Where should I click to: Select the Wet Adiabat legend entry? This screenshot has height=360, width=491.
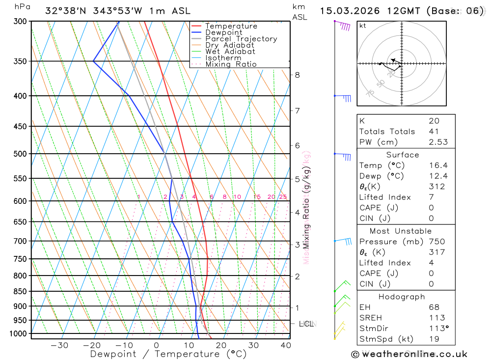pyautogui.click(x=230, y=52)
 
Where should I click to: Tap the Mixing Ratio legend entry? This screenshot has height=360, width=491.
pyautogui.click(x=231, y=64)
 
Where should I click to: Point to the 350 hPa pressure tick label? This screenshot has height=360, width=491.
pyautogui.click(x=20, y=61)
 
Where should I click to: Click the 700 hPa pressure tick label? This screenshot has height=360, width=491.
pyautogui.click(x=20, y=241)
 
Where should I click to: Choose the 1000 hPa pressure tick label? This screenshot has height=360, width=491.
pyautogui.click(x=18, y=334)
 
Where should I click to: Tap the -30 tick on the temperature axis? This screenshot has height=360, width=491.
pyautogui.click(x=59, y=345)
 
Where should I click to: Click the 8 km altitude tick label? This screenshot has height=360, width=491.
pyautogui.click(x=297, y=75)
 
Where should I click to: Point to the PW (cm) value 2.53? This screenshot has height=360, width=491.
pyautogui.click(x=438, y=142)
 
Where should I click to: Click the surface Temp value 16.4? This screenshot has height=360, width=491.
pyautogui.click(x=438, y=166)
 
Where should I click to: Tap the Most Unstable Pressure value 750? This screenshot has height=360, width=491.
pyautogui.click(x=436, y=242)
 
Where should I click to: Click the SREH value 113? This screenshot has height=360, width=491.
pyautogui.click(x=436, y=318)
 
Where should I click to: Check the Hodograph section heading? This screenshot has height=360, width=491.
pyautogui.click(x=402, y=297)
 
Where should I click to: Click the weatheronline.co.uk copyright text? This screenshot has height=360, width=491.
pyautogui.click(x=409, y=354)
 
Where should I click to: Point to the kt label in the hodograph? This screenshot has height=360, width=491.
pyautogui.click(x=363, y=26)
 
